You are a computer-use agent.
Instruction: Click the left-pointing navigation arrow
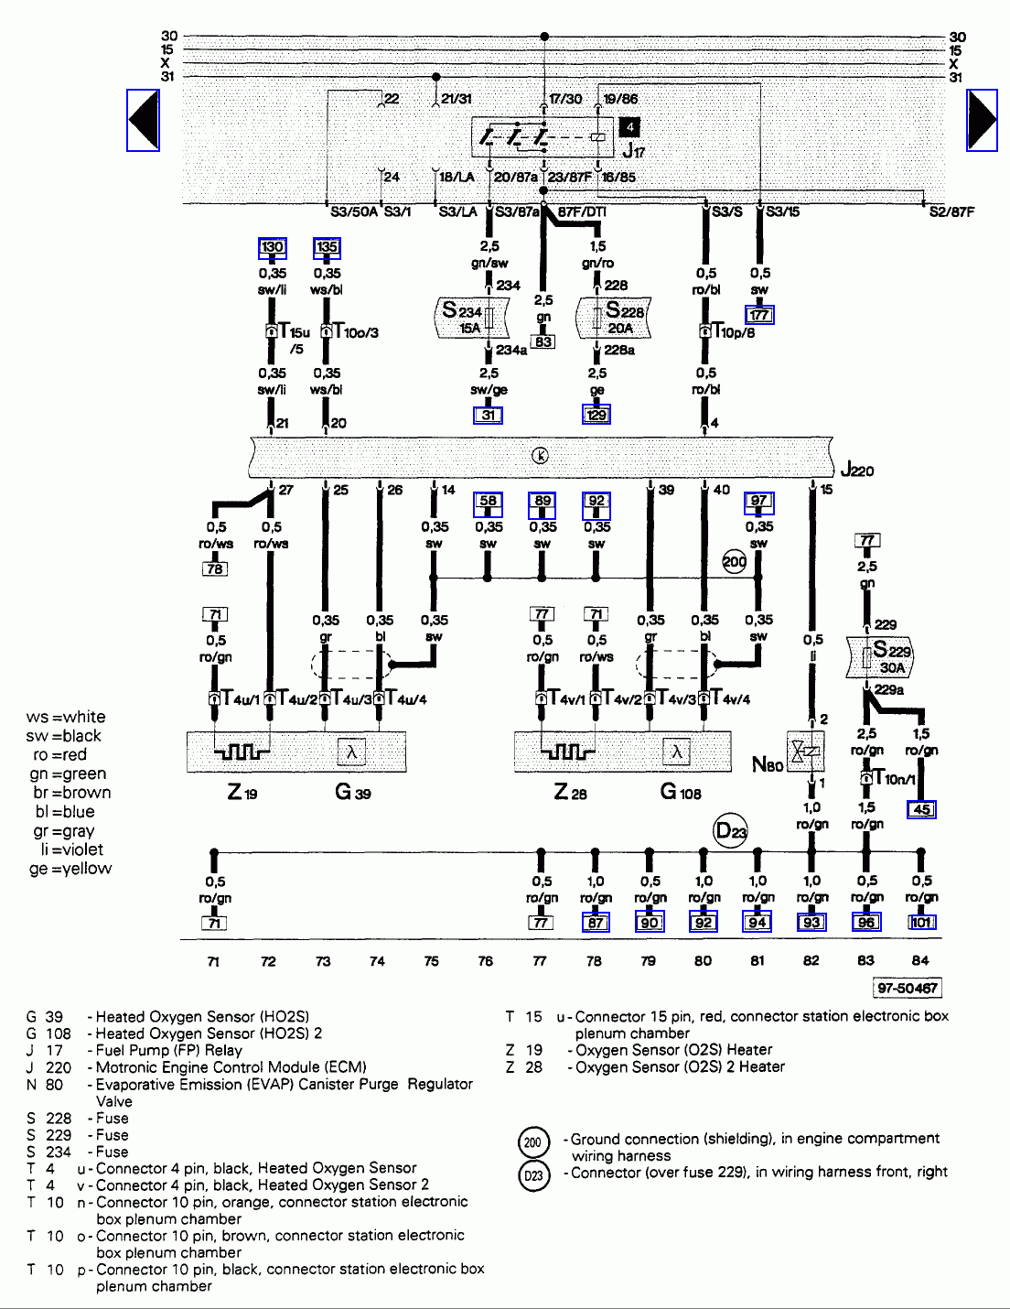click(143, 119)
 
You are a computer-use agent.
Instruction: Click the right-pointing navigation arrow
click(982, 119)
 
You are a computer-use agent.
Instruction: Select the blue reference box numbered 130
click(273, 246)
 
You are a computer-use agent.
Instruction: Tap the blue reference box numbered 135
click(327, 246)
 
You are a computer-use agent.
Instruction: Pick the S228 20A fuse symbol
click(615, 317)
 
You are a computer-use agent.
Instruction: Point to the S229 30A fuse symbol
click(882, 657)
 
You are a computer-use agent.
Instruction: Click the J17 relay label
click(633, 151)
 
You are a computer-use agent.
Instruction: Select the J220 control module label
click(857, 471)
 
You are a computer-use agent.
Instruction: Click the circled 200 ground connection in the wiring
click(735, 561)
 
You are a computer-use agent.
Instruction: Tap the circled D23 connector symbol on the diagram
click(731, 831)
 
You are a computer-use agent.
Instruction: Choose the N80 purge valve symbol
click(805, 752)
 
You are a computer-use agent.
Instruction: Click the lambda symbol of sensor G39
click(351, 752)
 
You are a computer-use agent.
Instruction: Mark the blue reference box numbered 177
click(759, 315)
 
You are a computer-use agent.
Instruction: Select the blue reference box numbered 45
click(921, 809)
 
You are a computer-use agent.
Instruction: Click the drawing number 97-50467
click(907, 988)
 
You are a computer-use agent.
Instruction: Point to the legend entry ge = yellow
click(70, 869)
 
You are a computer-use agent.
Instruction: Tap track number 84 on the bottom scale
click(920, 960)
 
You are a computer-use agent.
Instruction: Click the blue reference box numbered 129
click(596, 415)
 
